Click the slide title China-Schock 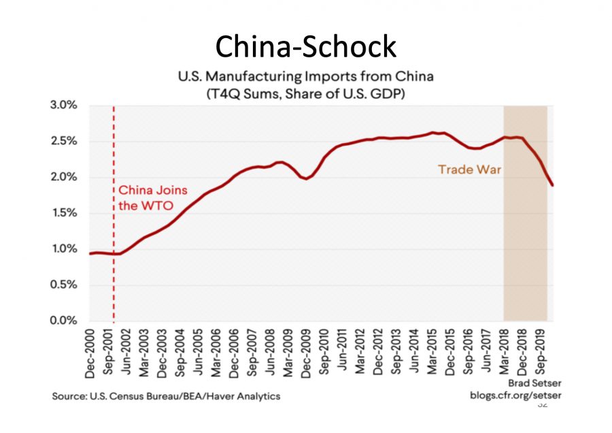[305, 46]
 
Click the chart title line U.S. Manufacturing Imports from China [305, 77]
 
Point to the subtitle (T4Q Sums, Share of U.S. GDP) [305, 94]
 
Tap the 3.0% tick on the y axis [63, 106]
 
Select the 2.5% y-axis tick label [63, 142]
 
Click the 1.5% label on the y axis [63, 213]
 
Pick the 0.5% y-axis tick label [63, 285]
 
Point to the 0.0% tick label [63, 321]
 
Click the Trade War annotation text [469, 170]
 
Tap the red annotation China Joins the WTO [153, 197]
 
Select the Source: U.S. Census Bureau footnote [166, 396]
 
